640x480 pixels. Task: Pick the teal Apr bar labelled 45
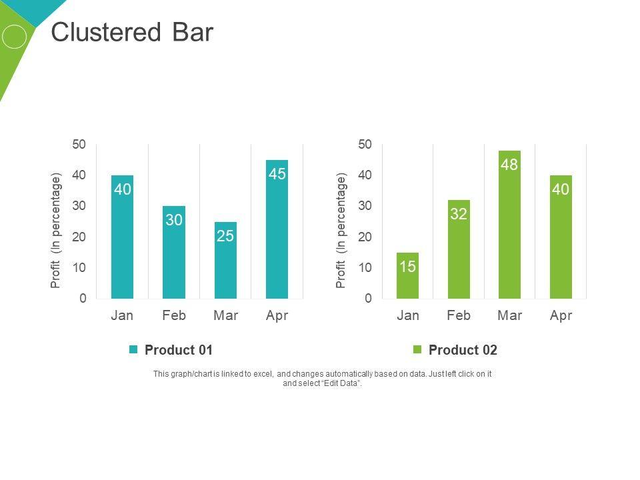pyautogui.click(x=277, y=229)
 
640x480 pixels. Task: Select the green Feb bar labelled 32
pyautogui.click(x=459, y=249)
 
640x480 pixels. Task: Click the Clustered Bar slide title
pyautogui.click(x=132, y=33)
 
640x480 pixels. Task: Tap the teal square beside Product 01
pyautogui.click(x=133, y=350)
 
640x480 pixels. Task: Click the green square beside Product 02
pyautogui.click(x=418, y=350)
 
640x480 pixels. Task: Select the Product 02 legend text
pyautogui.click(x=463, y=350)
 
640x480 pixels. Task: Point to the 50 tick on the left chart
pyautogui.click(x=79, y=145)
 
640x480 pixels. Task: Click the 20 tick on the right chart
pyautogui.click(x=365, y=237)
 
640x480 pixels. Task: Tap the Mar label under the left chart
pyautogui.click(x=225, y=315)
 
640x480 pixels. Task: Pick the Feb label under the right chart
pyautogui.click(x=459, y=315)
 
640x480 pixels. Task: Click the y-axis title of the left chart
pyautogui.click(x=56, y=230)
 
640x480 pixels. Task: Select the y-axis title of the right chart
pyautogui.click(x=341, y=230)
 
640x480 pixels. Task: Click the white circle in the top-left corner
pyautogui.click(x=14, y=37)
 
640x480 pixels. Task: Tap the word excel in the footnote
pyautogui.click(x=263, y=374)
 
